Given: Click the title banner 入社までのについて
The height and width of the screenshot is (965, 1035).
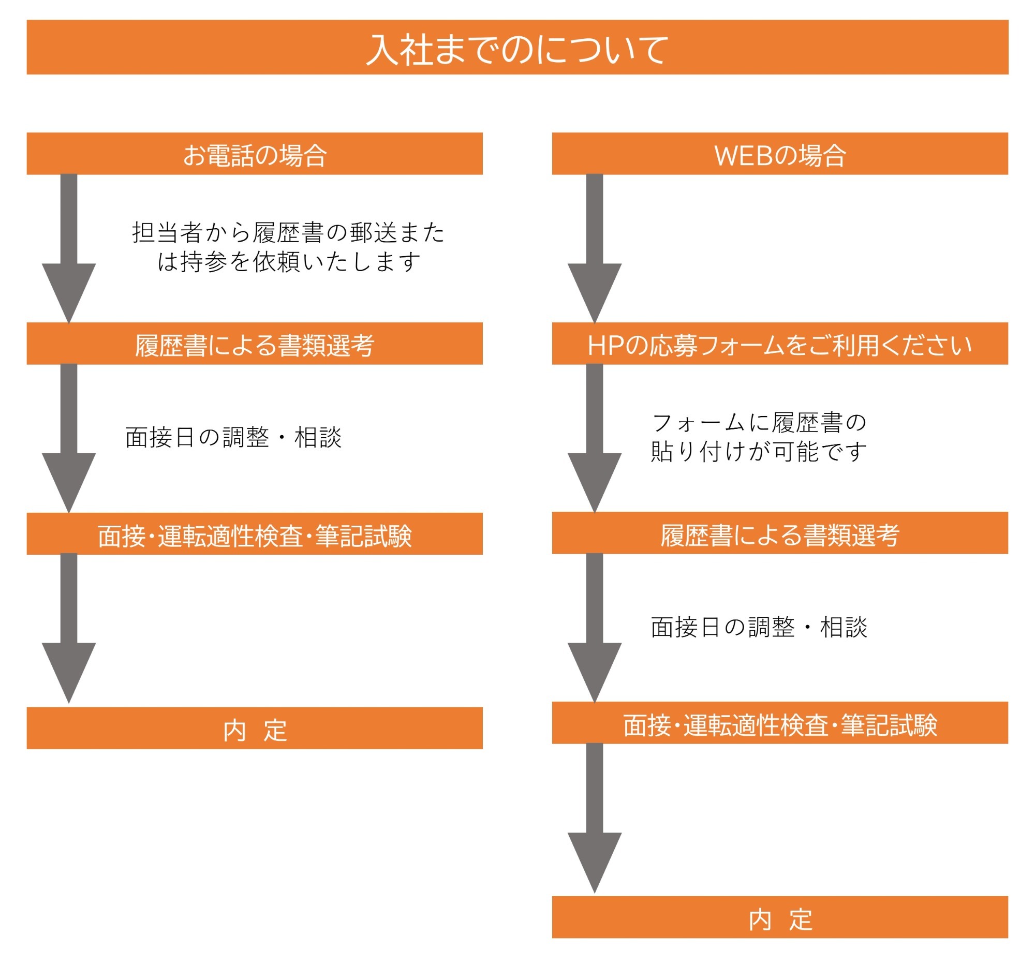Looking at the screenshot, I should tap(517, 48).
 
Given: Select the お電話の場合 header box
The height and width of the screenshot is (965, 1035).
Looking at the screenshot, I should tap(255, 154).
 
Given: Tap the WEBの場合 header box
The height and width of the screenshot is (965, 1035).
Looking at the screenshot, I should tap(779, 154).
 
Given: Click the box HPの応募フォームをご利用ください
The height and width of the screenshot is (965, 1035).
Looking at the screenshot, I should tap(779, 344).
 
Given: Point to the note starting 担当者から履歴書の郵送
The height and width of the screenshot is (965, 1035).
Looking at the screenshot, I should tap(288, 247).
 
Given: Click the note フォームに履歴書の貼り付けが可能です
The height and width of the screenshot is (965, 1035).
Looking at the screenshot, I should tap(758, 437).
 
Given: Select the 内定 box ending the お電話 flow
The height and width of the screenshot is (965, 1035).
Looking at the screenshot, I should tap(255, 728).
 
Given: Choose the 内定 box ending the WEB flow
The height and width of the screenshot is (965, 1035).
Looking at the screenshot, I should tap(779, 917).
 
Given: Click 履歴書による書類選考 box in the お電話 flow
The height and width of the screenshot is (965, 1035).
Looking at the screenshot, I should tap(255, 344).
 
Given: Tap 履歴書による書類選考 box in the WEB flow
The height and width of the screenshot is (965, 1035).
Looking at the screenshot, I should tap(779, 533).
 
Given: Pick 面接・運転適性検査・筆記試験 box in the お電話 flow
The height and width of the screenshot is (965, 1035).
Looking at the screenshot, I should tap(255, 534).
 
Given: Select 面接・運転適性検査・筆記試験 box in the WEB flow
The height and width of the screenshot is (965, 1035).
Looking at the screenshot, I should tap(779, 723).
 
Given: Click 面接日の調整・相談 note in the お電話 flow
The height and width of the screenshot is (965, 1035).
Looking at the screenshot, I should tap(233, 437).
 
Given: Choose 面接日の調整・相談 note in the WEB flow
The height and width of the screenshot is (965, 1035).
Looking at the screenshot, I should tap(759, 627).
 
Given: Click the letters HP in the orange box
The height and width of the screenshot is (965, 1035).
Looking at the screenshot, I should tap(604, 345).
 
